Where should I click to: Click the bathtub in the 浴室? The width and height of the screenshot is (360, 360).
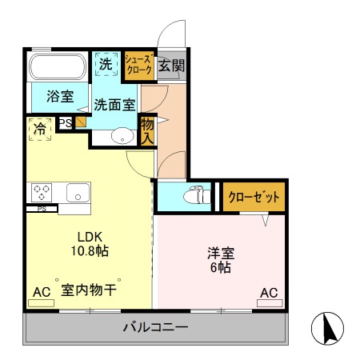pyautogui.click(x=60, y=66)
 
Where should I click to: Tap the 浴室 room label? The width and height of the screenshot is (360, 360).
pyautogui.click(x=60, y=96)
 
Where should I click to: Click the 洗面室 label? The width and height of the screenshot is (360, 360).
pyautogui.click(x=115, y=104)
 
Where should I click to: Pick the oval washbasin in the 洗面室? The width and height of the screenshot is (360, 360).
pyautogui.click(x=122, y=135)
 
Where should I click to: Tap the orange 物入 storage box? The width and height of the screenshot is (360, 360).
pyautogui.click(x=147, y=130)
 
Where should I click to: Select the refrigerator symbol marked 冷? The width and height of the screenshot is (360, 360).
pyautogui.click(x=40, y=129)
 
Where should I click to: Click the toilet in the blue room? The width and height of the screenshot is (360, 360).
pyautogui.click(x=192, y=195)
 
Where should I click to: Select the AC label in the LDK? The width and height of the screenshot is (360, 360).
pyautogui.click(x=41, y=293)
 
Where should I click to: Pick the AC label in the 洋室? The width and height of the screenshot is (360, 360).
pyautogui.click(x=269, y=293)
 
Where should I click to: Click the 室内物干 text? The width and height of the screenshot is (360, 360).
pyautogui.click(x=90, y=292)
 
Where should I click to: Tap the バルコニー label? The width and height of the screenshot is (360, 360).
pyautogui.click(x=155, y=327)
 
